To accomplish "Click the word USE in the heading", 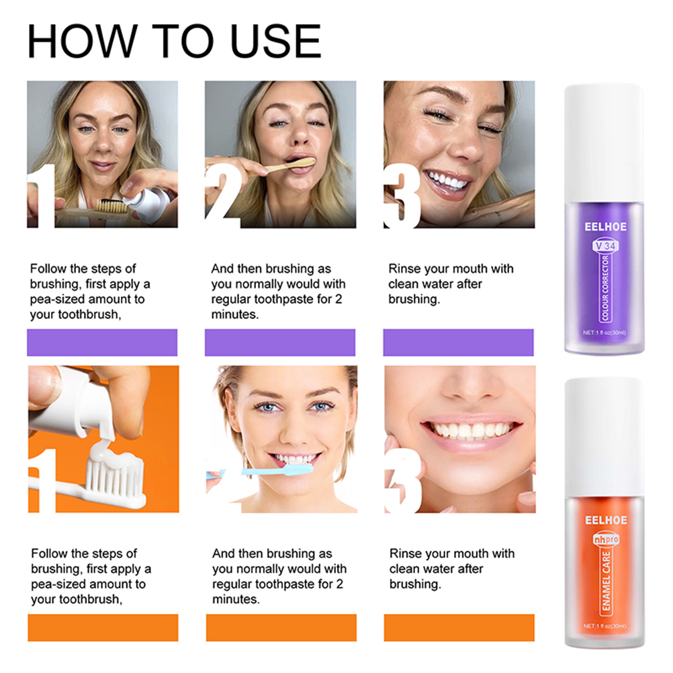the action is pos(276,41).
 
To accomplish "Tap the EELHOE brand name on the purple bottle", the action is pos(605,226).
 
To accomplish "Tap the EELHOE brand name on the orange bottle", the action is pos(606,521).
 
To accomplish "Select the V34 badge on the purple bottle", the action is pos(606,246).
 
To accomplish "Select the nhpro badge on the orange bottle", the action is pos(606,539).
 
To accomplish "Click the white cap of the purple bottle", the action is pos(603,143).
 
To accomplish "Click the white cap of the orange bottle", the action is pos(603,437).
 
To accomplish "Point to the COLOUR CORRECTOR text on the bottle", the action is pos(606,288).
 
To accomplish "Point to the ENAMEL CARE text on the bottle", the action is pos(606,581).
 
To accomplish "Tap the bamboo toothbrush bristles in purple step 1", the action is pos(111,206).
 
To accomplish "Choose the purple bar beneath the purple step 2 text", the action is pos(280,342).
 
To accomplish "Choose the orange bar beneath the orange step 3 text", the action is pos(459,627).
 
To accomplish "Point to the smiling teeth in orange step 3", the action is pos(470,430).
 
